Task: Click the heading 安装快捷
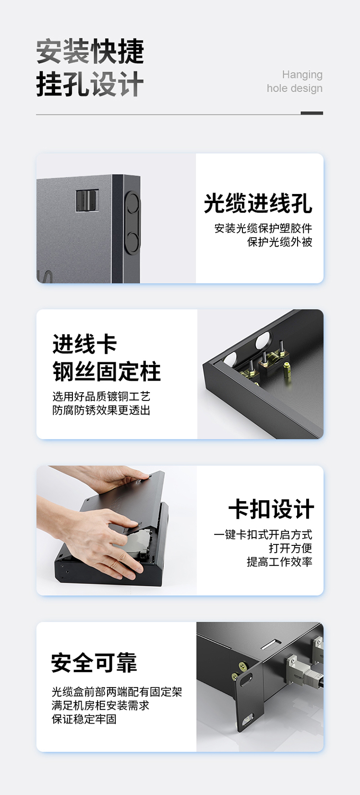[90, 51]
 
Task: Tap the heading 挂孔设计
[90, 84]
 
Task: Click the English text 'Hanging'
[302, 75]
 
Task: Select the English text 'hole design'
[295, 88]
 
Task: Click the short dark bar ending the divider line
[312, 113]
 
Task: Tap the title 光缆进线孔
[258, 204]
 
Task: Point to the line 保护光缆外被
[280, 242]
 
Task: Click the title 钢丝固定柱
[107, 372]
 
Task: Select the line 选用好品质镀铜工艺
[102, 397]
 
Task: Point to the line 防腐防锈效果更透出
[102, 410]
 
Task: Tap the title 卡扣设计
[271, 509]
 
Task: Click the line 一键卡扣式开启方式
[263, 534]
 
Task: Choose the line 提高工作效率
[280, 562]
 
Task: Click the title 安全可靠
[94, 662]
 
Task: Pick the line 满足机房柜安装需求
[100, 705]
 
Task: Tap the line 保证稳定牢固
[84, 719]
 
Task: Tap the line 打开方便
[290, 548]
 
